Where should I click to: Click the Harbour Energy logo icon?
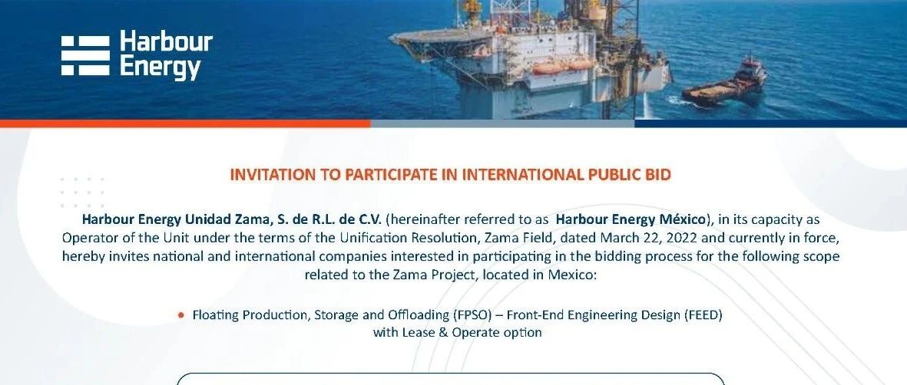[85, 55]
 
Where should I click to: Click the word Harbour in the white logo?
[166, 43]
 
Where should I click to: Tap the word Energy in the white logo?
[161, 67]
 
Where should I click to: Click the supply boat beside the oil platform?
[725, 83]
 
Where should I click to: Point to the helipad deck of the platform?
[439, 37]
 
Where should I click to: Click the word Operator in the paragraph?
[85, 239]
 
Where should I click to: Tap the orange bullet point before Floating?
[182, 316]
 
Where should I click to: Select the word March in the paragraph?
[619, 238]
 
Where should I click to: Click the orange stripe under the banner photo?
[185, 123]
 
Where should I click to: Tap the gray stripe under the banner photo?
[503, 123]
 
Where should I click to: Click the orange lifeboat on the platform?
[548, 67]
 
